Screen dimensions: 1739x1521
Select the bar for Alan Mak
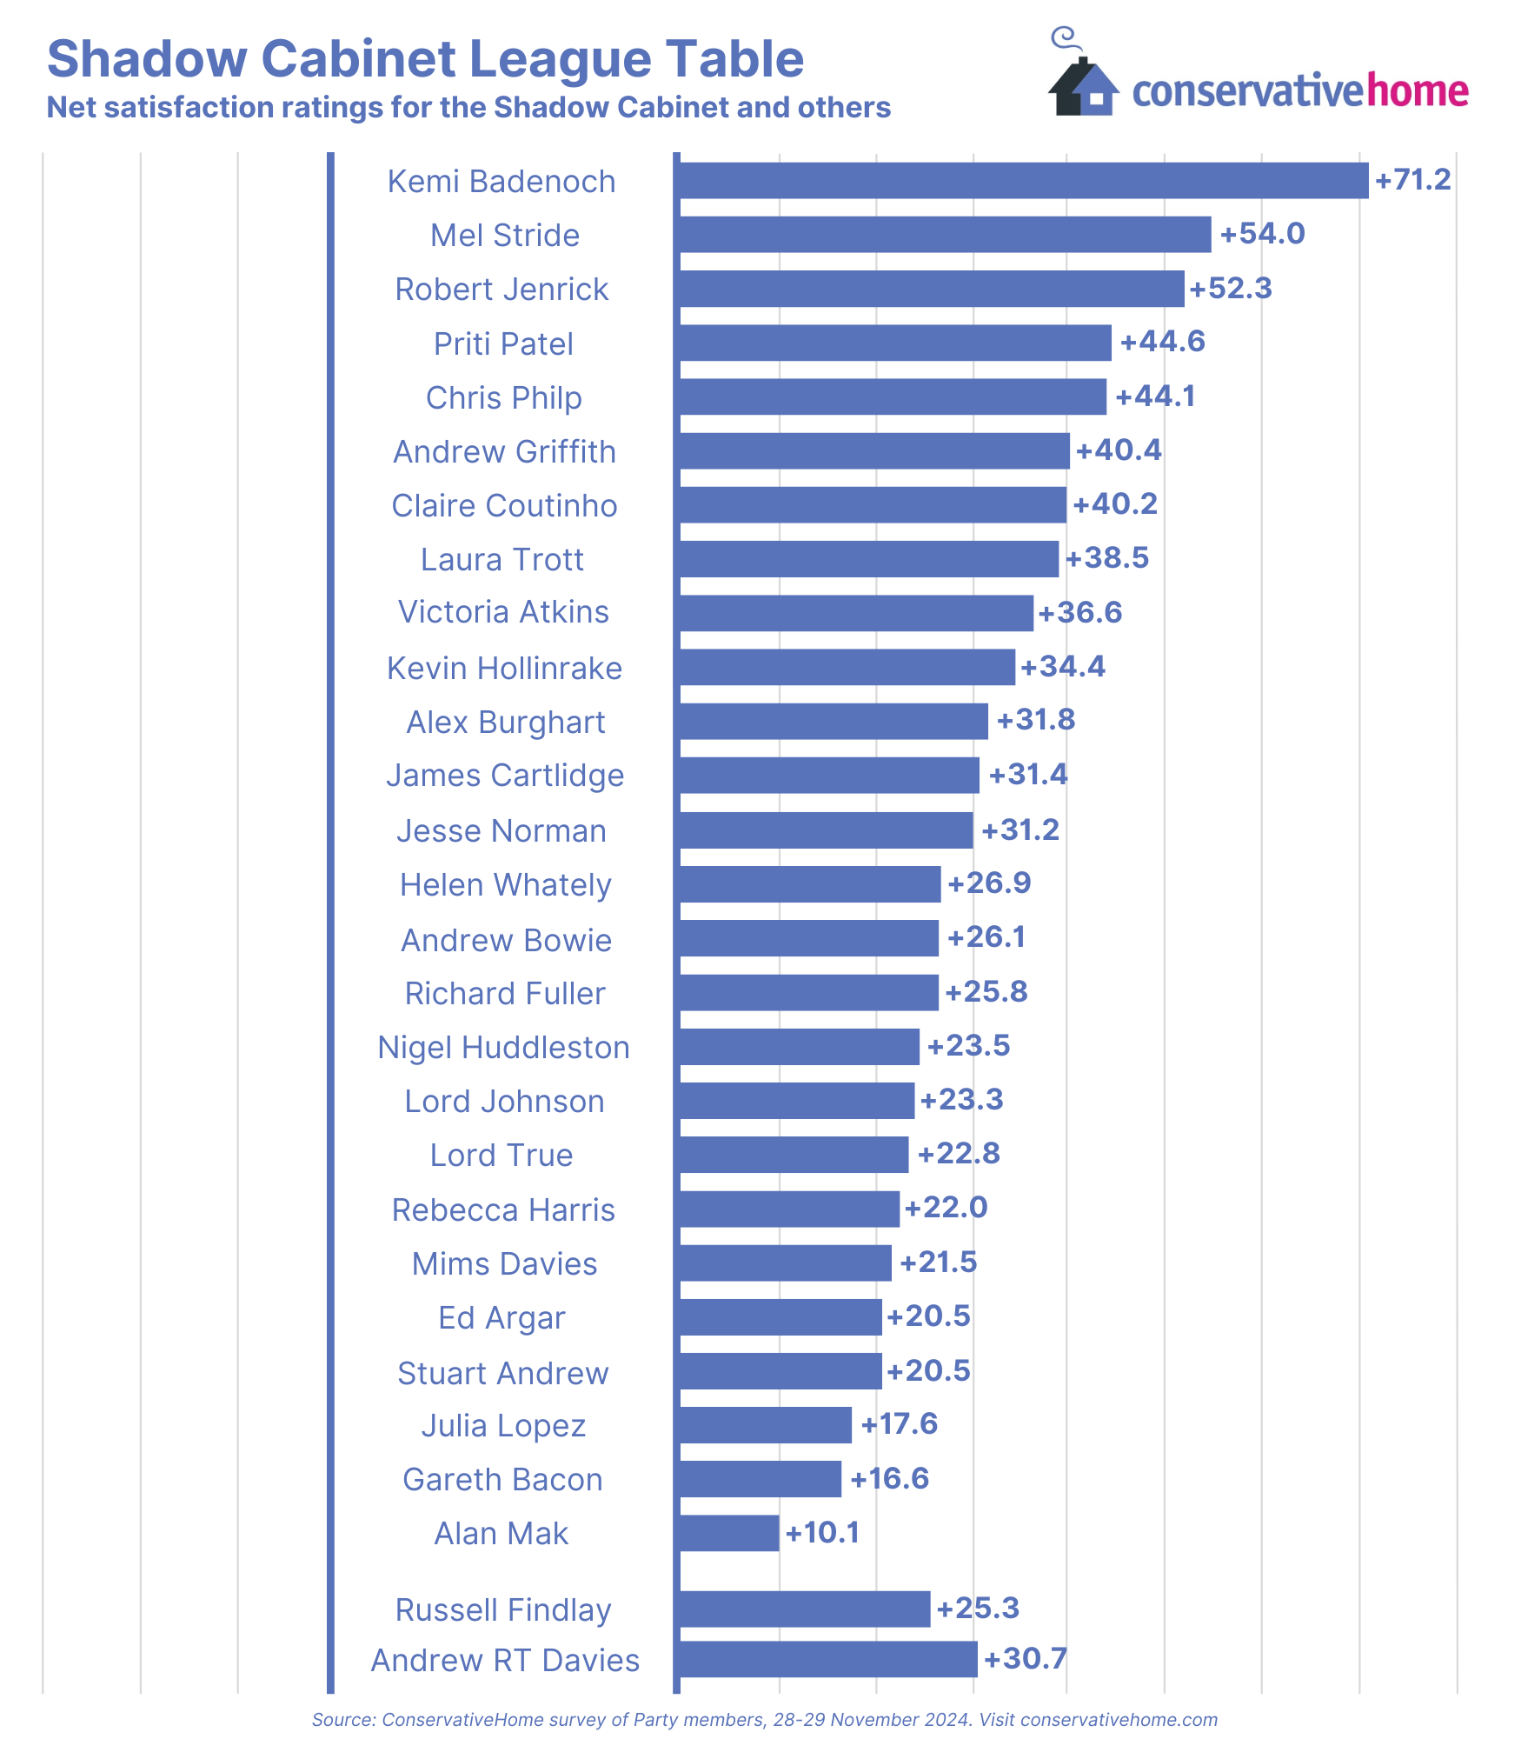[x=728, y=1533]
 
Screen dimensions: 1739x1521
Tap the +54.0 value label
[x=1262, y=234]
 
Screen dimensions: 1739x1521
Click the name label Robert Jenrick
[x=501, y=290]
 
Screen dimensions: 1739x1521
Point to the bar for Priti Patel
[x=893, y=343]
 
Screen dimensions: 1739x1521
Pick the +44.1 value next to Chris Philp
[x=1155, y=396]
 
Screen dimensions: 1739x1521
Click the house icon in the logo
[x=1083, y=87]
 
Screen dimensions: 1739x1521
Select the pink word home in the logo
[x=1418, y=91]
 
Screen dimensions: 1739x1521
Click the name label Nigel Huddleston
[x=503, y=1048]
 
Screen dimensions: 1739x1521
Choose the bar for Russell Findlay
[x=803, y=1609]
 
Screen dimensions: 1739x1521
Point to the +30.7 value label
[x=1025, y=1658]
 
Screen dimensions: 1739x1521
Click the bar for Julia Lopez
[x=764, y=1425]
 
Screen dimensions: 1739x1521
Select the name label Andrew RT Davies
[x=505, y=1660]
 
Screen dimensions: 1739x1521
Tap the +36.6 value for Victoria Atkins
[x=1080, y=612]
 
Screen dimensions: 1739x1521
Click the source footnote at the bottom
[x=764, y=1719]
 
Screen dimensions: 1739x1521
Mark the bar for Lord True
[x=793, y=1155]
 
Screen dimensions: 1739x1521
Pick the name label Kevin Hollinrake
[x=504, y=669]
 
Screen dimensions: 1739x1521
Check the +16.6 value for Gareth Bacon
[x=889, y=1478]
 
